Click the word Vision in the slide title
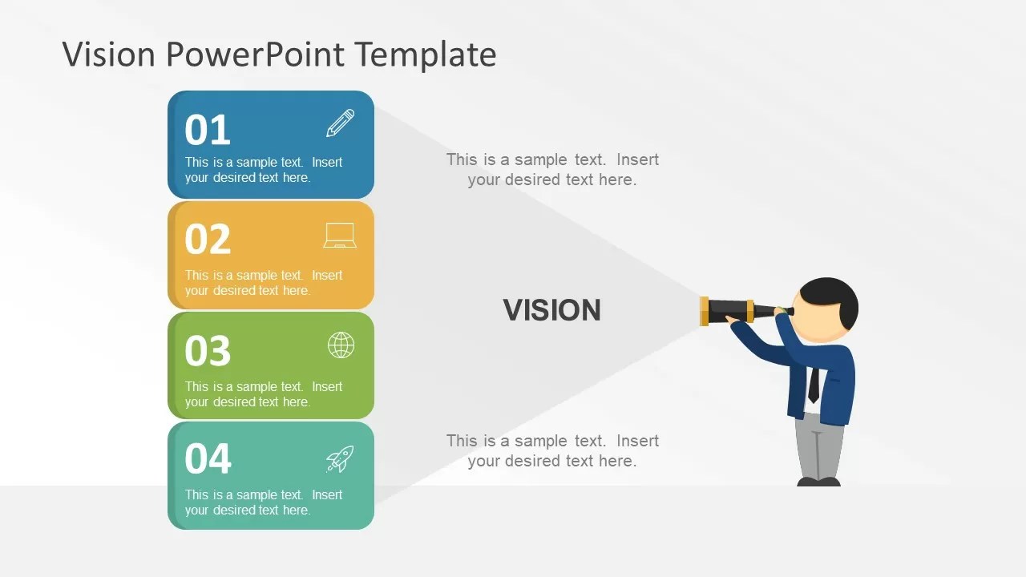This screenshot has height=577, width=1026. tap(108, 54)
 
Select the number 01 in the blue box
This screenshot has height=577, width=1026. tap(208, 130)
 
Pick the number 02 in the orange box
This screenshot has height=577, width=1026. tap(208, 239)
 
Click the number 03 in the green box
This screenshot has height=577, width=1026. tap(208, 350)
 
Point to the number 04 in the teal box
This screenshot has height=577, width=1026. tap(208, 458)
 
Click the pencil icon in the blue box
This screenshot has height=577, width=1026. tap(341, 123)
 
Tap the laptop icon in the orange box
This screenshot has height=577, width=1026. tap(340, 236)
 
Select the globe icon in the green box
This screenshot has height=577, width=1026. tap(341, 345)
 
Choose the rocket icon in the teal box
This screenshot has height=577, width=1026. tap(340, 459)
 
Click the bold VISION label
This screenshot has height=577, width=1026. tap(552, 310)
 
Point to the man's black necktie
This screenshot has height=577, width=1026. tap(814, 385)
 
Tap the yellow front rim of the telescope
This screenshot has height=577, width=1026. tap(704, 312)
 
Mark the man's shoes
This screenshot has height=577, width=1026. tap(818, 482)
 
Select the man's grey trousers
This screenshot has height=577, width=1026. tap(819, 446)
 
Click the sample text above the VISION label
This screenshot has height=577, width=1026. tap(552, 169)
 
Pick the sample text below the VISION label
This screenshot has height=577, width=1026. tap(552, 450)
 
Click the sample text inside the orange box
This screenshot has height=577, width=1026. tap(264, 283)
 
